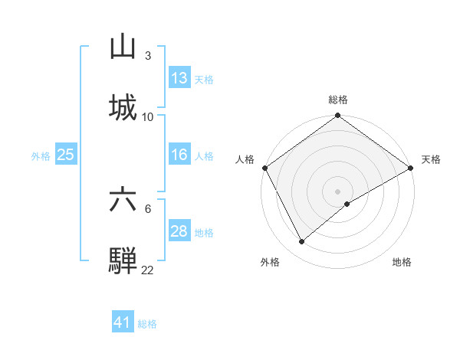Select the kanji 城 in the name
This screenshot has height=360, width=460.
point(123,106)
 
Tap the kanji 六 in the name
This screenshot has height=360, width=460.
point(123,200)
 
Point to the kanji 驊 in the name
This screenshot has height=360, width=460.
point(123,260)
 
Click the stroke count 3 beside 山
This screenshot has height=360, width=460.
point(147,56)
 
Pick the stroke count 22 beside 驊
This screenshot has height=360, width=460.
point(147,270)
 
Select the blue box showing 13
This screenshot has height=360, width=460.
point(179,78)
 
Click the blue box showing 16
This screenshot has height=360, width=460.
point(179,155)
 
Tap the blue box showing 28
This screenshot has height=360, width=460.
point(179,231)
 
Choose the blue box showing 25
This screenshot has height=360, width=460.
point(66,155)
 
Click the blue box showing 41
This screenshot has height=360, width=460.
point(123,322)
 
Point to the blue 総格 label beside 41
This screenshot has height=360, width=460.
point(147,324)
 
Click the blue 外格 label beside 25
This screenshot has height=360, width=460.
point(41,156)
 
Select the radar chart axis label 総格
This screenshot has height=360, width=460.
point(338,100)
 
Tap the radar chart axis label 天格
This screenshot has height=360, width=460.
point(431,159)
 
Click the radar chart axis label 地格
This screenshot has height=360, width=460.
point(402,262)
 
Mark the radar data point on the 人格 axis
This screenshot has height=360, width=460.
point(265,168)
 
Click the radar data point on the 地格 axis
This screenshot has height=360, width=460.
point(347,204)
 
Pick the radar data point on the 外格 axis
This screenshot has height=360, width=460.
point(302,241)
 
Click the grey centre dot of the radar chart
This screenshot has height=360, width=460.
point(338,191)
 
